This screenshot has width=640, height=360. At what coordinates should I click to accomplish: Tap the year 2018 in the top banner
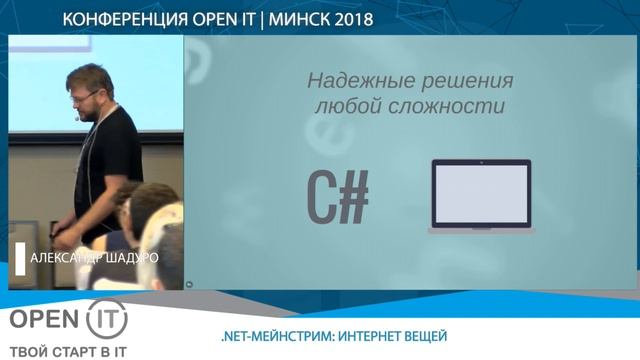(347, 20)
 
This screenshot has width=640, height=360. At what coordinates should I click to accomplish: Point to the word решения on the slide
(468, 81)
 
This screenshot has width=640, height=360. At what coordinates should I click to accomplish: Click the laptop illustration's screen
(480, 192)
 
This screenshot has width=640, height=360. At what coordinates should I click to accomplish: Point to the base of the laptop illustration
(480, 230)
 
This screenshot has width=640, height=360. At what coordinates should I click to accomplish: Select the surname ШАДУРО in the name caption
(131, 257)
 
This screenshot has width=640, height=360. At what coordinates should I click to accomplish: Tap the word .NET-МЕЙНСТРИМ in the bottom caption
(271, 335)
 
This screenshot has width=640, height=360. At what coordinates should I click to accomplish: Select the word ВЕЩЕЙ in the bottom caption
(423, 335)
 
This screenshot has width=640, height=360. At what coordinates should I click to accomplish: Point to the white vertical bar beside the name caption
(19, 257)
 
